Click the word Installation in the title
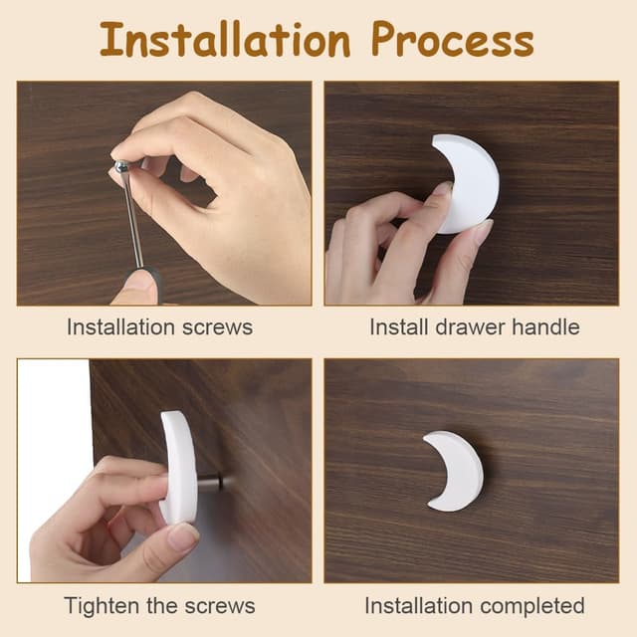(x=225, y=40)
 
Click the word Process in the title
(x=453, y=40)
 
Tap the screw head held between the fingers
(x=121, y=166)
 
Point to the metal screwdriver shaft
(x=133, y=218)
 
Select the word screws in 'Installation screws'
(x=217, y=327)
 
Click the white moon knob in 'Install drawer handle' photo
(x=467, y=183)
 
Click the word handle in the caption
(x=545, y=326)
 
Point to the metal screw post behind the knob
(x=210, y=480)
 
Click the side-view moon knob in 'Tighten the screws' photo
(x=179, y=467)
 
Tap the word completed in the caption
(x=532, y=606)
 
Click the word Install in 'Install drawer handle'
(x=399, y=326)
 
